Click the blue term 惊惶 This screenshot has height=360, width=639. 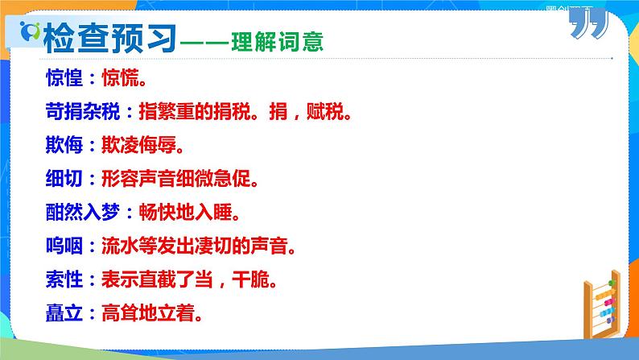coord(64,78)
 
